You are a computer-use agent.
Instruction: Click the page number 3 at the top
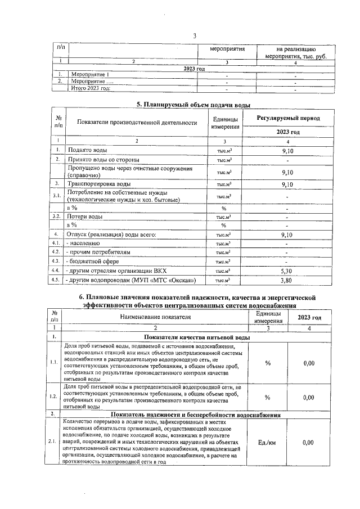[195, 37]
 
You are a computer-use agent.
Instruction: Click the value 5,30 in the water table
[287, 270]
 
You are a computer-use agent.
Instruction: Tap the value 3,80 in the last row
[287, 280]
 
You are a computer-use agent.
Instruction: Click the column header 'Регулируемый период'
[288, 119]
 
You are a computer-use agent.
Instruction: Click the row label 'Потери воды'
[85, 217]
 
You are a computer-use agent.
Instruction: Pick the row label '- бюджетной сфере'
[93, 261]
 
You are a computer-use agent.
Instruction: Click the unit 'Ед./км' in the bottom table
[267, 443]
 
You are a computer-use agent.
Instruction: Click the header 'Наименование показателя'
[155, 317]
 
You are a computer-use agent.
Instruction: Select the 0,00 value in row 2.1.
[308, 443]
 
